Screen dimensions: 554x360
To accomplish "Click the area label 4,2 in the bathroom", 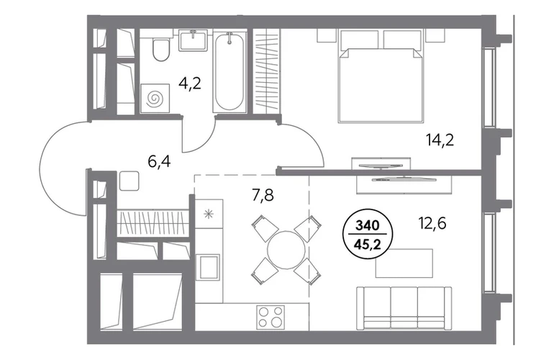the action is (190, 84).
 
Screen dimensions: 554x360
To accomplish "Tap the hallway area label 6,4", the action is (159, 161).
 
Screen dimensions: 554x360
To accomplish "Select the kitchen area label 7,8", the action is (263, 195).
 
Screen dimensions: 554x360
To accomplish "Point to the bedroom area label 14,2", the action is (440, 140).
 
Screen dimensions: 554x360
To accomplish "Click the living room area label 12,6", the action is (432, 223).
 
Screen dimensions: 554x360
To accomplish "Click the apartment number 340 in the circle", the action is (367, 225).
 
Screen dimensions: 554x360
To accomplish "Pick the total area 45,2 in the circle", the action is (368, 244).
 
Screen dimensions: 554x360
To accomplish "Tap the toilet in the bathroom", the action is (161, 50).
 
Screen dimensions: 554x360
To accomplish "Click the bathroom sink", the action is (193, 40).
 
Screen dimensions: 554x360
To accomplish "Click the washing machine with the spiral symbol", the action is (155, 99).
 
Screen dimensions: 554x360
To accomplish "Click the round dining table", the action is (286, 250).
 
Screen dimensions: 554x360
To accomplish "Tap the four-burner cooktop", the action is (271, 317).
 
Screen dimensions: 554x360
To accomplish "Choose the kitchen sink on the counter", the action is (209, 267).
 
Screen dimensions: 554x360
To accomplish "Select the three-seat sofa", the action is (404, 307).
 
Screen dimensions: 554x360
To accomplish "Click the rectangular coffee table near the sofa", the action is (404, 263).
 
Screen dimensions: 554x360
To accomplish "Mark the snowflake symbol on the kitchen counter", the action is (209, 214).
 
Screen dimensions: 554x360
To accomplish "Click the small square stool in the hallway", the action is (130, 181).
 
